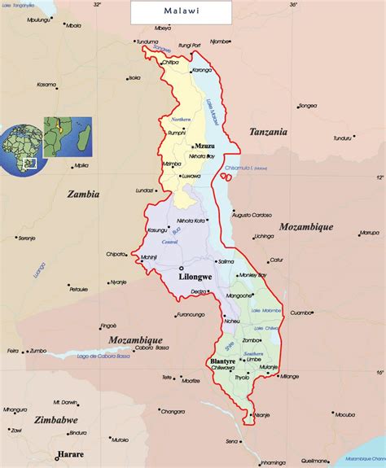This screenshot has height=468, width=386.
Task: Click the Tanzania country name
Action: point(268,131)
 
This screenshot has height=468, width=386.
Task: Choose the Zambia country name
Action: point(82,195)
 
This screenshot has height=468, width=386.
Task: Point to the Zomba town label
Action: point(252,340)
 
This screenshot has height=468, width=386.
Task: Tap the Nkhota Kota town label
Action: point(191,221)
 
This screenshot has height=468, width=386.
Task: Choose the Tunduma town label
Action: point(147,42)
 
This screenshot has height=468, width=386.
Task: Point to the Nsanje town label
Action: point(261,414)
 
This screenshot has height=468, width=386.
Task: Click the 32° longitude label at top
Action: point(97,5)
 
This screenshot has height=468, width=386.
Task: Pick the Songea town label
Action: point(307,105)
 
